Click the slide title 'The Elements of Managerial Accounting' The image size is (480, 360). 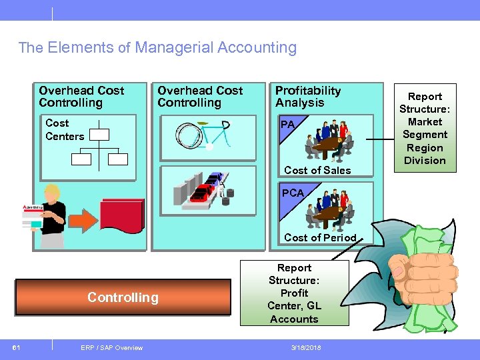coord(157,48)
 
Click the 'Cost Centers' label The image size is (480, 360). coord(65,129)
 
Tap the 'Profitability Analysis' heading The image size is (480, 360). coord(308,97)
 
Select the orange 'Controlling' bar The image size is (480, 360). coord(123,297)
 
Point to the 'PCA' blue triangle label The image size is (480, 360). coord(291,193)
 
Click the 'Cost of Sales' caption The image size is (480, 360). coord(317,171)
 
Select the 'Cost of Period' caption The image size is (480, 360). coord(320,237)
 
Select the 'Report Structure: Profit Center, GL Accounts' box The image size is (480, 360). coord(294,293)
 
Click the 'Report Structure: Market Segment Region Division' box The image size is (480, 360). coord(425,129)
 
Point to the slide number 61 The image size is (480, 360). coord(17,347)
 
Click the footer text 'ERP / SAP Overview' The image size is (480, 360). coord(111,347)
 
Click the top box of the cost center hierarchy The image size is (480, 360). coord(99,134)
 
